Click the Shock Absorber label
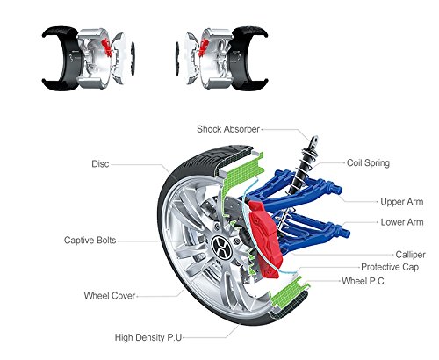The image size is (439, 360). [228, 129]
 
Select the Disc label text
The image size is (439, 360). [100, 164]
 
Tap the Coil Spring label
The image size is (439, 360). [368, 163]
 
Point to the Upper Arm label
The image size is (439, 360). [402, 202]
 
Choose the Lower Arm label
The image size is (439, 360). [402, 222]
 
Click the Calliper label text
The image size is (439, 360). [410, 255]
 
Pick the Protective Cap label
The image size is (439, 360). [390, 267]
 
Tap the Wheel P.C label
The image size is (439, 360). [363, 281]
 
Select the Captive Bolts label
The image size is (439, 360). [90, 241]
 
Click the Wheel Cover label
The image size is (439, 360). [110, 296]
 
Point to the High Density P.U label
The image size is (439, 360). [148, 337]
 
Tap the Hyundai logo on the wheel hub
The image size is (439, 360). [221, 247]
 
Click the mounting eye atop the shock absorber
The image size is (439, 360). [314, 140]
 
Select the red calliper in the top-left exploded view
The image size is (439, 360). [107, 47]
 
